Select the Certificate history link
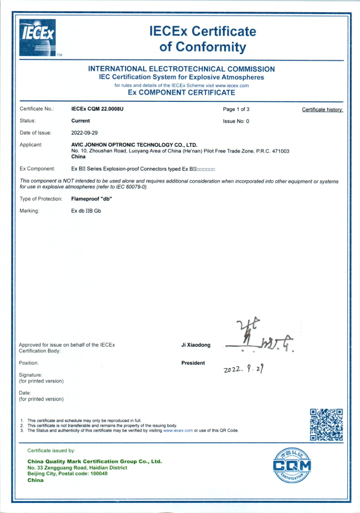click(x=322, y=110)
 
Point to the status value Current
click(x=80, y=121)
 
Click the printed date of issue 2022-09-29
click(x=85, y=133)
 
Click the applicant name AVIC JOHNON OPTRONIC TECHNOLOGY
click(x=134, y=144)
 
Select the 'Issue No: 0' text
click(x=236, y=121)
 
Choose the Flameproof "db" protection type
click(x=92, y=199)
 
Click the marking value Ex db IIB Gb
click(x=86, y=211)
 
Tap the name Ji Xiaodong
click(x=196, y=345)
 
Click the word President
click(x=193, y=363)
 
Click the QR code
click(x=326, y=424)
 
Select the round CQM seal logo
click(x=292, y=466)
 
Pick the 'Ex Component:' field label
click(x=37, y=169)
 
